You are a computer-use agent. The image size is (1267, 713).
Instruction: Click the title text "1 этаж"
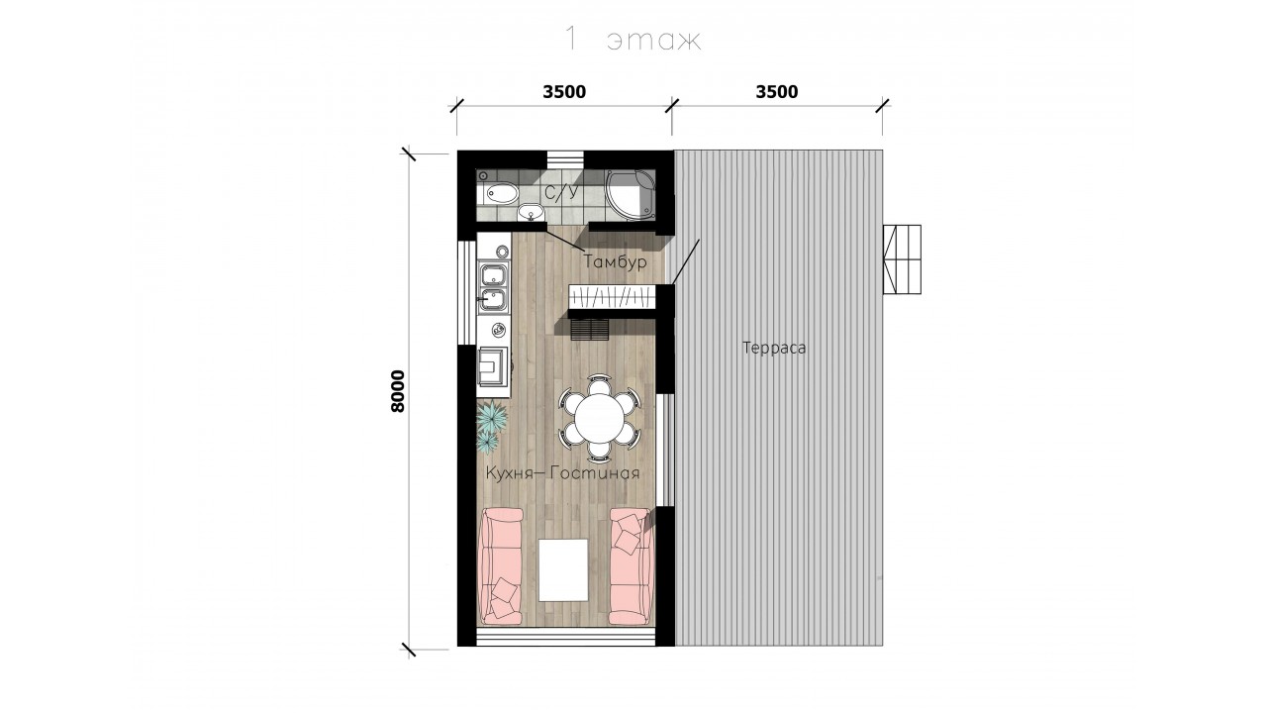tap(633, 39)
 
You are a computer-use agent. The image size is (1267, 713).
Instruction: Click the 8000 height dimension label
tap(398, 391)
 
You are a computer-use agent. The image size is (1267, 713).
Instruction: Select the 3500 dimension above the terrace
tap(777, 92)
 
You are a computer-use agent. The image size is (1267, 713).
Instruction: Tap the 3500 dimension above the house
tap(564, 92)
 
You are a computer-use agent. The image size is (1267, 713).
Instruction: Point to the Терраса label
tap(774, 348)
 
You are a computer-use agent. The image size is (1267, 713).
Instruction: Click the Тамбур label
tap(615, 262)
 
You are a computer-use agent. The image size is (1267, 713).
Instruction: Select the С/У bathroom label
tap(562, 193)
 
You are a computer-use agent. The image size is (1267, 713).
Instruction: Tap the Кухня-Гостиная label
tap(563, 473)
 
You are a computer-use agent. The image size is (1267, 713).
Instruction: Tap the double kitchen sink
tap(494, 286)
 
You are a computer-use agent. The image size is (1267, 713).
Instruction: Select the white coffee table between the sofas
tap(563, 569)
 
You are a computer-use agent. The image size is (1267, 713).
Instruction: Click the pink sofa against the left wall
tap(501, 566)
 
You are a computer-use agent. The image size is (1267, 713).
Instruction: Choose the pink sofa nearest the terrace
tap(630, 566)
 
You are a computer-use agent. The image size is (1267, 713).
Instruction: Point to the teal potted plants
tap(490, 426)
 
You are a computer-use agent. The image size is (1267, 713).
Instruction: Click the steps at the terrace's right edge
tap(902, 259)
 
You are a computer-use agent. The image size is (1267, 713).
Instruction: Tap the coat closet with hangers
tap(612, 296)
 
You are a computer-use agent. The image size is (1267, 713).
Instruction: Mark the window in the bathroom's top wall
tap(565, 156)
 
